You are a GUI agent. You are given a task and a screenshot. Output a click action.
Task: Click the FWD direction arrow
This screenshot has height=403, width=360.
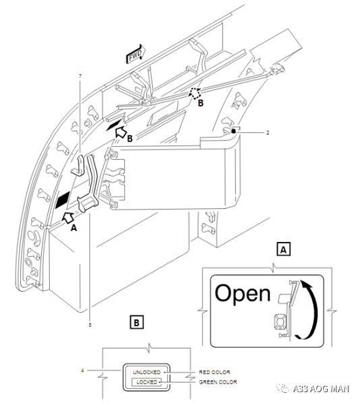pos(136,54)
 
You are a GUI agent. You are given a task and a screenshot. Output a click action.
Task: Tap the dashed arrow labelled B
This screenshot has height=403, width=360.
pos(196,93)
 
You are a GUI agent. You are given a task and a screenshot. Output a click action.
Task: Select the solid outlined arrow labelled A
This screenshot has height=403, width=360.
pos(68,218)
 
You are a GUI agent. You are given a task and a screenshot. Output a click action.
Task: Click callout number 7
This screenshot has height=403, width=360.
pos(80,76)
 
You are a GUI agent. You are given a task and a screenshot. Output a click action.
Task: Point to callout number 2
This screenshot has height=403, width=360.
pos(268,133)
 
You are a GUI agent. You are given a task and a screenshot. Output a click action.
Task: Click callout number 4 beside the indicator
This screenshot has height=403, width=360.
pos(82,371)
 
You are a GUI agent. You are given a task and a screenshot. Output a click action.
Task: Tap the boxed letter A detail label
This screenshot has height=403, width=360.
pos(283,249)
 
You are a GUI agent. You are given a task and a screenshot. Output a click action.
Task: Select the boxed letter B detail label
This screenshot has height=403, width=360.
pos(137,322)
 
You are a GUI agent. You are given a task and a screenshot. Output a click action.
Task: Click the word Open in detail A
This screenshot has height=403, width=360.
pos(243,294)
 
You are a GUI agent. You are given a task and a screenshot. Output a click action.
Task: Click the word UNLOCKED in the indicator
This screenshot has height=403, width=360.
pos(146,372)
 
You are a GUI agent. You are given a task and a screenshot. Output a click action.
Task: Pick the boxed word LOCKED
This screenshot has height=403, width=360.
pos(146,382)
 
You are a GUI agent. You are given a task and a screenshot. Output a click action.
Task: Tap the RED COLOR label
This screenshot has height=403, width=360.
pos(214,372)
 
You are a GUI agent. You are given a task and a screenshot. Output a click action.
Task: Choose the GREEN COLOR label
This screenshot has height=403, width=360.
pos(218,382)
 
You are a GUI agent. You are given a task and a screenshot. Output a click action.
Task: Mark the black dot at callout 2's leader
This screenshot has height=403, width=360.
pos(233,131)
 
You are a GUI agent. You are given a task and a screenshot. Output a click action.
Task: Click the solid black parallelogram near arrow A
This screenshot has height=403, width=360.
pos(63,199)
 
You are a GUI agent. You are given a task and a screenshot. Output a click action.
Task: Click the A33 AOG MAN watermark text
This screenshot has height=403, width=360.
pos(321,388)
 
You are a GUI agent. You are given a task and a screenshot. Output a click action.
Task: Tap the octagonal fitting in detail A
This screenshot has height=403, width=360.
pos(280,322)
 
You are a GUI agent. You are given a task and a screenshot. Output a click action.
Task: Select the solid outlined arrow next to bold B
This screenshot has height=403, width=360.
pos(121,132)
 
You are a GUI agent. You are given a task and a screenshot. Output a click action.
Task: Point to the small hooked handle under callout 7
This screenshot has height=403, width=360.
pos(78,165)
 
